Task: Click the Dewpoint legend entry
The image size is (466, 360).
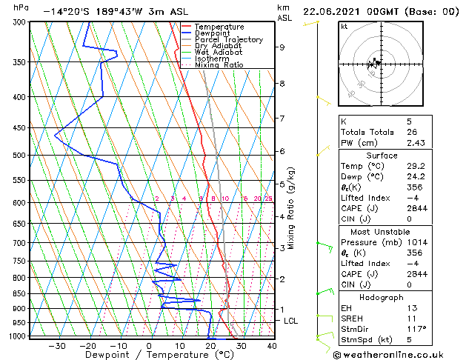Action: [x=213, y=33]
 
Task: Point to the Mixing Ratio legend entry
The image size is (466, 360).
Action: [x=219, y=64]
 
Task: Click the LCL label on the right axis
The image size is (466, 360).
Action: [x=291, y=321]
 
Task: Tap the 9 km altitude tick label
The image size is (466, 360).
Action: [x=282, y=47]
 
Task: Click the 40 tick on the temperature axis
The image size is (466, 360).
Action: [x=272, y=345]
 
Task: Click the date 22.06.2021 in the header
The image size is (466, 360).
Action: [x=331, y=12]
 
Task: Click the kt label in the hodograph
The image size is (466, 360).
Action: [x=344, y=26]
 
